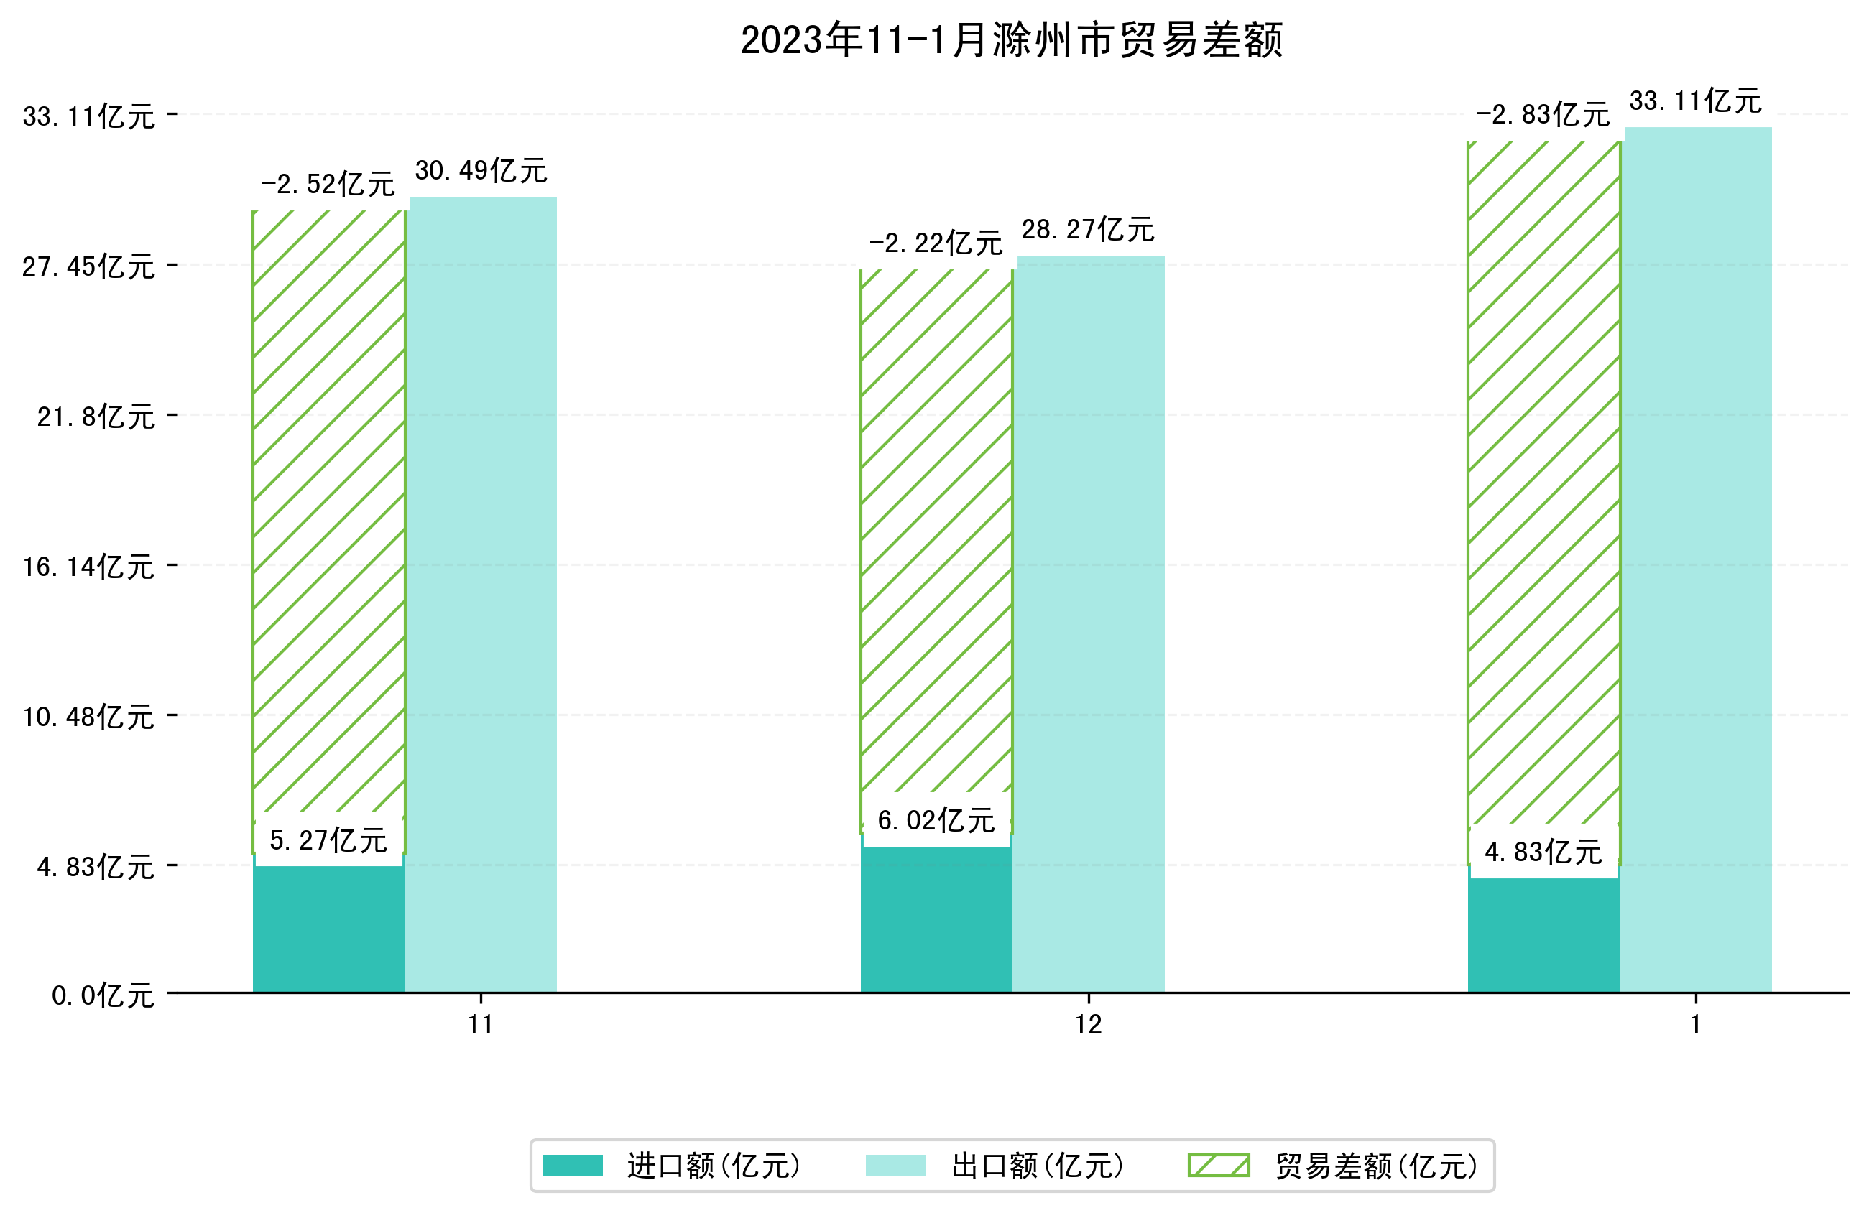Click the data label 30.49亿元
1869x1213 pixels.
coord(481,170)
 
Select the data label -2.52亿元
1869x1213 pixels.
coord(328,185)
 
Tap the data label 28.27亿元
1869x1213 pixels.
coord(1088,229)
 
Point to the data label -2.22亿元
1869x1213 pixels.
coord(936,243)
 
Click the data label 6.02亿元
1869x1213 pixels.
coord(936,821)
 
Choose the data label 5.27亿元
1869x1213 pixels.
coord(328,841)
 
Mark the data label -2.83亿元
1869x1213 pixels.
coord(1542,115)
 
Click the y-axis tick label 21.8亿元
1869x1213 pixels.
coord(96,416)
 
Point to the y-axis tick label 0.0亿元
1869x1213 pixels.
coord(103,995)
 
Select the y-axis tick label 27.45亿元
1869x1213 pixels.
coord(88,266)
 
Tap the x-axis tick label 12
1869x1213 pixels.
coord(1089,1025)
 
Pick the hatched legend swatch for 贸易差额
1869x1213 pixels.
coord(1218,1166)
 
